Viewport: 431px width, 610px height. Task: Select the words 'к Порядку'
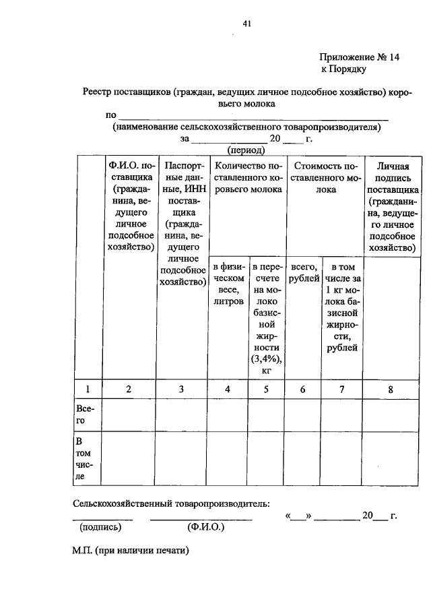(343, 69)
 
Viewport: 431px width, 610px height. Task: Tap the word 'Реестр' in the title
(98, 92)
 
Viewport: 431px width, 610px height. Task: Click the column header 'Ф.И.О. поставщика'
(128, 206)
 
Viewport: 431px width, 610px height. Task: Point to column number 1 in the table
(88, 388)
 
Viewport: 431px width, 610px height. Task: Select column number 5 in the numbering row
(266, 388)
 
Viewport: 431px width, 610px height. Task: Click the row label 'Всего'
(85, 415)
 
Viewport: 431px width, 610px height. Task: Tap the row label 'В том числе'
(86, 459)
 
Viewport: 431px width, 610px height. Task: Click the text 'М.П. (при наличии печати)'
(131, 550)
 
